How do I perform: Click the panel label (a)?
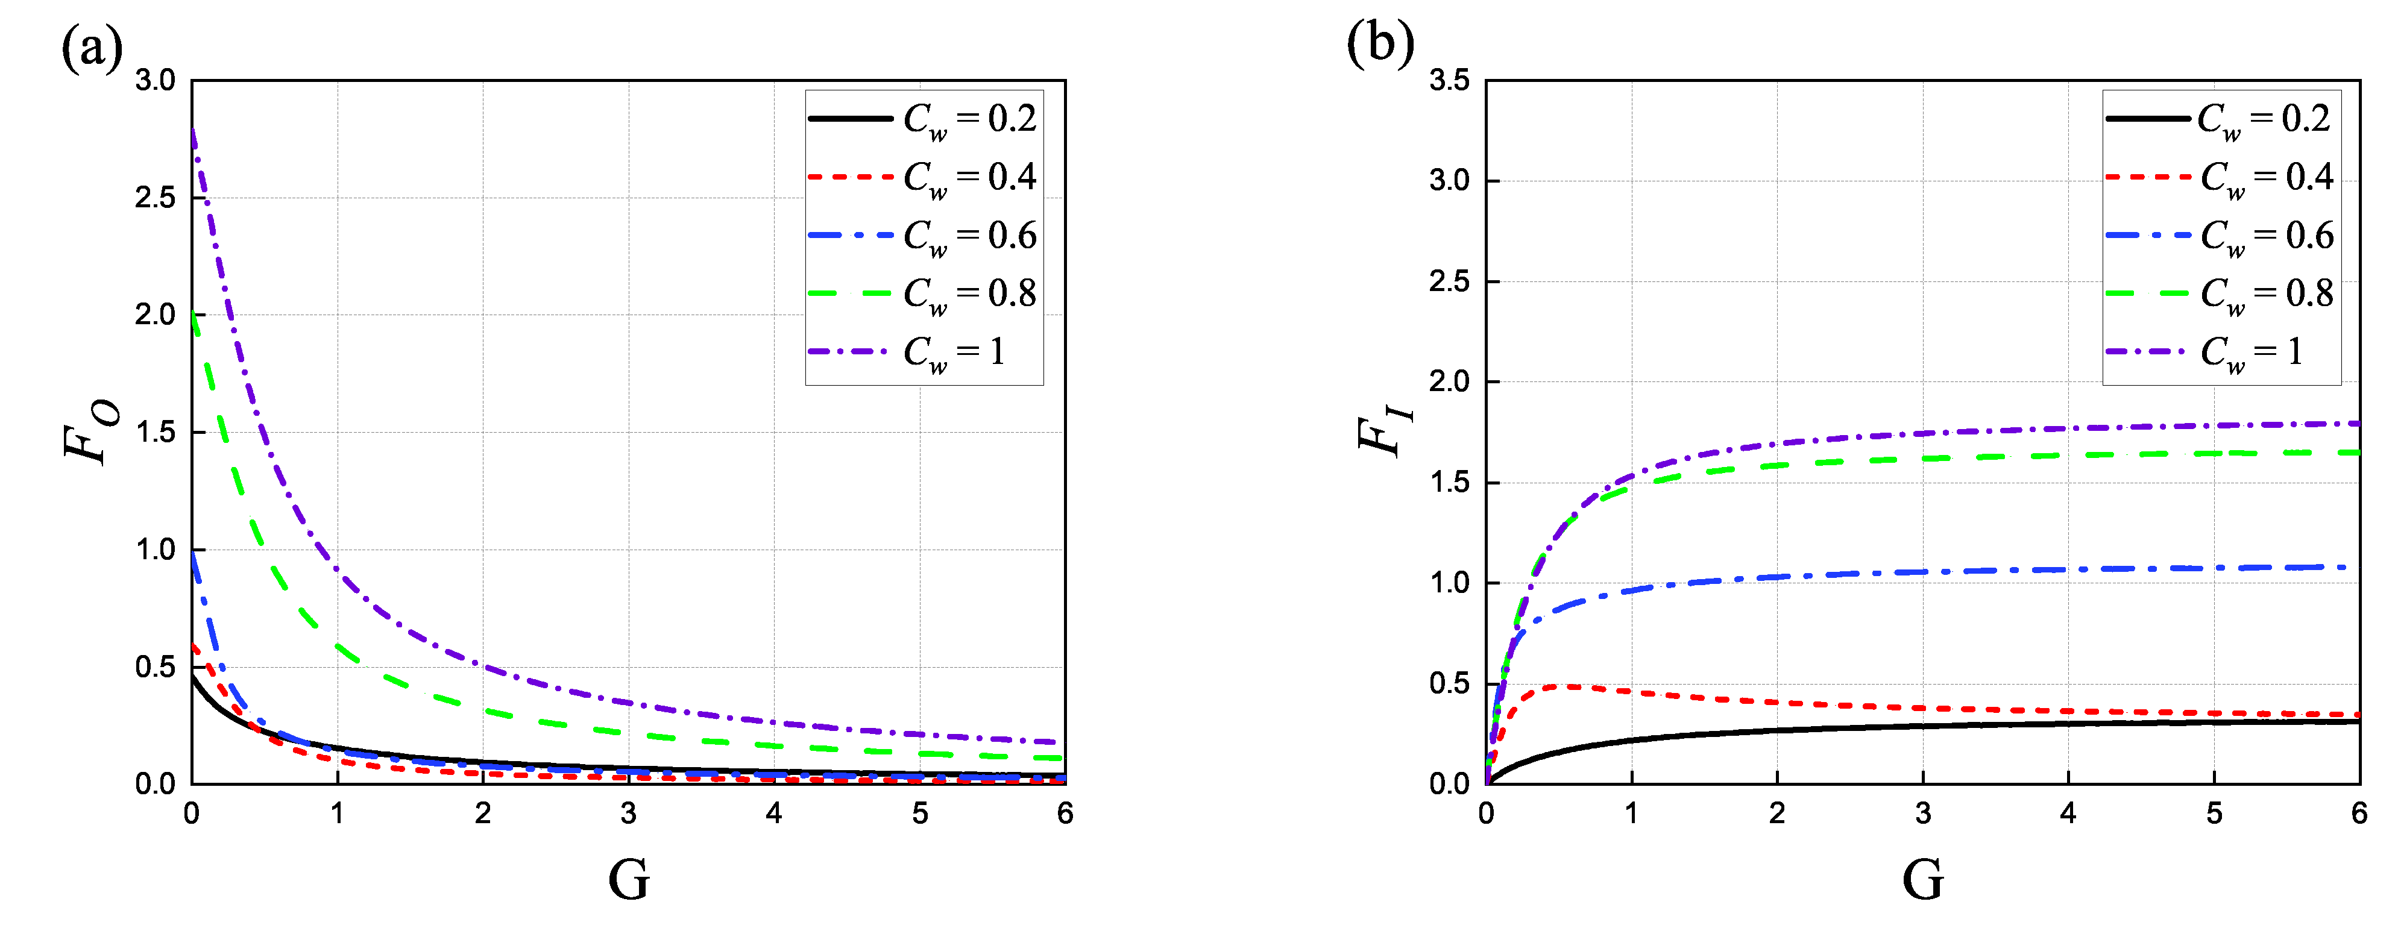click(x=91, y=46)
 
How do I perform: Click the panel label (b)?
click(x=1380, y=43)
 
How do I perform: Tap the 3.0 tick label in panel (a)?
click(x=156, y=81)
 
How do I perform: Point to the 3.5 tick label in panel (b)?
click(x=1449, y=81)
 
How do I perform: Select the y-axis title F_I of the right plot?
click(x=1385, y=433)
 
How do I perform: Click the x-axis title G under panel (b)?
click(x=1922, y=879)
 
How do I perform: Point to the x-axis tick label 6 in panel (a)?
click(x=1065, y=814)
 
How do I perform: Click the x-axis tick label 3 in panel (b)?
click(x=1922, y=814)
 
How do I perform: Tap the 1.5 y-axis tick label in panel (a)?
click(x=156, y=432)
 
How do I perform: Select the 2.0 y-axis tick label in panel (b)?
click(x=1449, y=381)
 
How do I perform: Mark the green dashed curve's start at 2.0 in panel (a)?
click(x=193, y=315)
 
